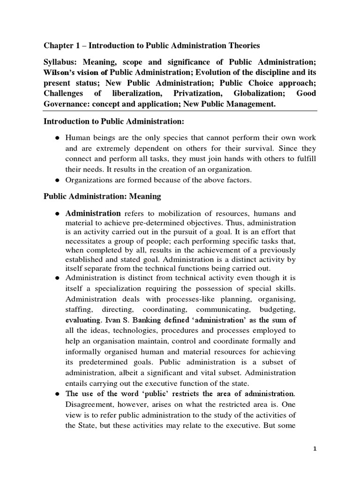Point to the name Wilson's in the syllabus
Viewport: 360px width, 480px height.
62,73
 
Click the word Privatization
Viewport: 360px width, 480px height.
198,93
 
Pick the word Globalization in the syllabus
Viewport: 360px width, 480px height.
256,93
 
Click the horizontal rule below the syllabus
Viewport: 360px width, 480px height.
180,112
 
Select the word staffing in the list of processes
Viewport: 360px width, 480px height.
78,310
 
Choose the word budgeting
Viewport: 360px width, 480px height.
280,310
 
